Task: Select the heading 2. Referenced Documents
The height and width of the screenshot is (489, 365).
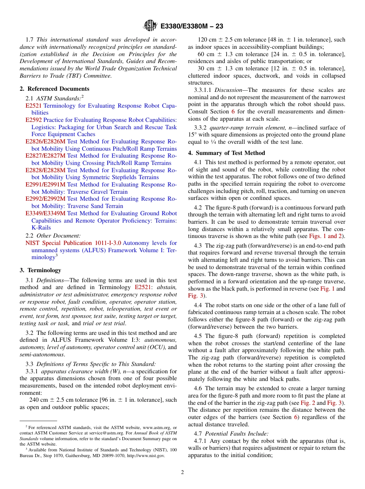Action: click(55, 89)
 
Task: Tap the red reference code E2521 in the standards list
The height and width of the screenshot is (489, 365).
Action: click(33, 106)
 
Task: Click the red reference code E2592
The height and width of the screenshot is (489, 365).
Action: click(33, 120)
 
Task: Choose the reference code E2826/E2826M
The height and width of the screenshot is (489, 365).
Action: click(45, 141)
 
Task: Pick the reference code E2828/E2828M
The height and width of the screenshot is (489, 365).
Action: click(45, 170)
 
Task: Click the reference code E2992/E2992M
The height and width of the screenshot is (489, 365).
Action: click(45, 199)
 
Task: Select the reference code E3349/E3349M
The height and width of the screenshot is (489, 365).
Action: click(45, 213)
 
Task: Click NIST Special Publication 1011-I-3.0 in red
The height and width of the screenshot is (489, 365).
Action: click(73, 243)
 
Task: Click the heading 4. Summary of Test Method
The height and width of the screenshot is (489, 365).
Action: click(226, 153)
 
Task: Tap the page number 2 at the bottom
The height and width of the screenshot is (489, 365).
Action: click(182, 472)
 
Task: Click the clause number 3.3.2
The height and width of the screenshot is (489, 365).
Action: click(201, 128)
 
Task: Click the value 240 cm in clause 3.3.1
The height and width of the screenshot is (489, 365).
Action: click(38, 400)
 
